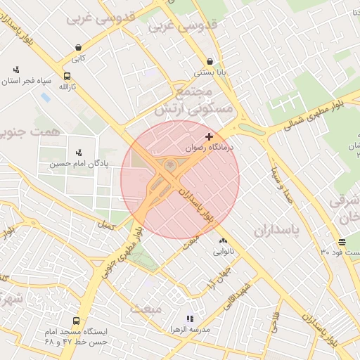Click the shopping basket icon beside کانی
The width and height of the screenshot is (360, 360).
77,48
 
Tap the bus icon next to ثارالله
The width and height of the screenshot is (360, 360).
67,76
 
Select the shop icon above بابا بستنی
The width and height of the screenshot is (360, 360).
210,61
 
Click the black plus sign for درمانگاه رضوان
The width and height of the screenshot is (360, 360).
208,136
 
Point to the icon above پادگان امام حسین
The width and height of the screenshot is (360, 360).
79,152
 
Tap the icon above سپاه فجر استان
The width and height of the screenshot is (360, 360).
16,70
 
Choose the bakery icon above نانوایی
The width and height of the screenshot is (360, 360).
223,240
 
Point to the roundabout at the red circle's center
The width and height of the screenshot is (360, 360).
171,167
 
